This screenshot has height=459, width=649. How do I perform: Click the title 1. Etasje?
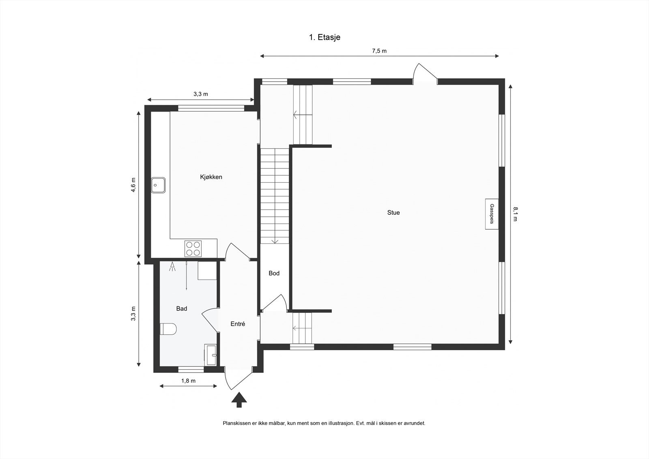coord(324,37)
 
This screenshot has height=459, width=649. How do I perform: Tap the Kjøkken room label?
coord(211,177)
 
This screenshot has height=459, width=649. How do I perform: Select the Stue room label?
coord(393,212)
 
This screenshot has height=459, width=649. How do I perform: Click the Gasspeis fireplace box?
coord(492,214)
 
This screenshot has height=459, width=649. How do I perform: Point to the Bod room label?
coord(274,273)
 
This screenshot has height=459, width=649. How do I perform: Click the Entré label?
coord(238,324)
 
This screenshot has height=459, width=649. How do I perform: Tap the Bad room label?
coord(181,308)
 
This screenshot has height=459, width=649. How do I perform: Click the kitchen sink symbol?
coord(158,185)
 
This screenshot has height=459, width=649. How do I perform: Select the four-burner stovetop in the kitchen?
coord(193,248)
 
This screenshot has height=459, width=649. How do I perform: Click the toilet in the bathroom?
coord(168,329)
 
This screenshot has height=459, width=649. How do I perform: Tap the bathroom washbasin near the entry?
coord(211,355)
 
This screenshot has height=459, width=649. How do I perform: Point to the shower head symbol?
coord(172,267)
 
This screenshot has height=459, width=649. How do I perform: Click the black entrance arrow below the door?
coord(239,399)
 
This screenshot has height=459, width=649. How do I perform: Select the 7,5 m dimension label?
coord(379,51)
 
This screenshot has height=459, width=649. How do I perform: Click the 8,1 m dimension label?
coord(515,214)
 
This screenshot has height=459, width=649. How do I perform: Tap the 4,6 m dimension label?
coord(133,185)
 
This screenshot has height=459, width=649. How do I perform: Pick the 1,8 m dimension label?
coord(188,381)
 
